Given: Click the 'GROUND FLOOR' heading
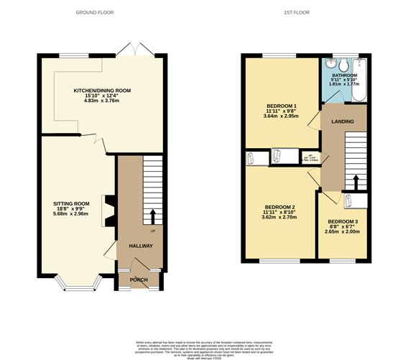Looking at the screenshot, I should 95,13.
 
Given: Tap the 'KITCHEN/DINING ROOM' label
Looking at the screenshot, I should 102,91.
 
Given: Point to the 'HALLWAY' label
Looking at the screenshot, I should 140,246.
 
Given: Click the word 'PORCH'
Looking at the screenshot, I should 139,280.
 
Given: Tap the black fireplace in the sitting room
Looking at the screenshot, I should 108,211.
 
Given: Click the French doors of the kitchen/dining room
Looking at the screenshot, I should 136,52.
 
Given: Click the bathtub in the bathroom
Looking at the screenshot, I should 359,81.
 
